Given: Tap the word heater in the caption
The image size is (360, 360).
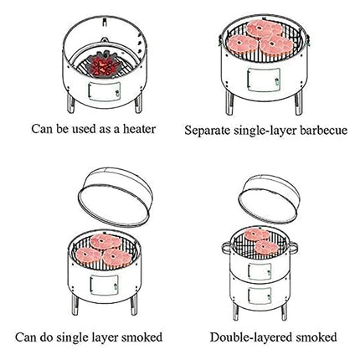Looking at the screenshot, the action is [139, 129].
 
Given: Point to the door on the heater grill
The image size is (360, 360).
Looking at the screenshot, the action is [105, 91].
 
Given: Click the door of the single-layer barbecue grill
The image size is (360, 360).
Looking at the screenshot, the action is [264, 80].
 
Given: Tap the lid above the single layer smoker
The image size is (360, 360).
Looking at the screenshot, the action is [115, 197].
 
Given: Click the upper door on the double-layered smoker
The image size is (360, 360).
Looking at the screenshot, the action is [260, 271].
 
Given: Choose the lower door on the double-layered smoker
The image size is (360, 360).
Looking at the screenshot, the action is [260, 296].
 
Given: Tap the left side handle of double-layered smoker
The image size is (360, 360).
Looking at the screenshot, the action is [227, 247].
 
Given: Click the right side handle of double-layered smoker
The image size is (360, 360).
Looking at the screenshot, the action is [293, 248].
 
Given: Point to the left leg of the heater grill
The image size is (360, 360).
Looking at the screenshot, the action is [71, 103].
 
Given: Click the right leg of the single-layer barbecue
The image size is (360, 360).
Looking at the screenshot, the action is [299, 102].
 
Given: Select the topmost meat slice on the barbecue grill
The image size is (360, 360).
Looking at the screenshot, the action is [264, 28].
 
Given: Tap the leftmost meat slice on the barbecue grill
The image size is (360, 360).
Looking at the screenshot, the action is [243, 44].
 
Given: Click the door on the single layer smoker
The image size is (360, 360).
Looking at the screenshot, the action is [105, 285].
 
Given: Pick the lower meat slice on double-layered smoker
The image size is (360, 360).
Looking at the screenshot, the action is [266, 248].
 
